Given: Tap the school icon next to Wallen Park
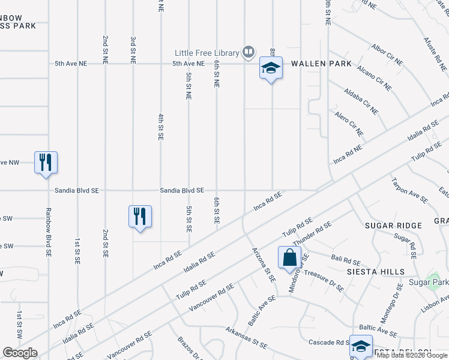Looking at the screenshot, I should coord(271,69).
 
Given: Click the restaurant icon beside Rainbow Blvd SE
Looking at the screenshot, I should coord(46,162).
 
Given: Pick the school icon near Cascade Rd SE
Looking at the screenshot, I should coord(361,346).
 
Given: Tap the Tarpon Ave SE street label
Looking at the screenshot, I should coord(409,190).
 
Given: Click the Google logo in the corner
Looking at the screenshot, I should coord(20,353).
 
